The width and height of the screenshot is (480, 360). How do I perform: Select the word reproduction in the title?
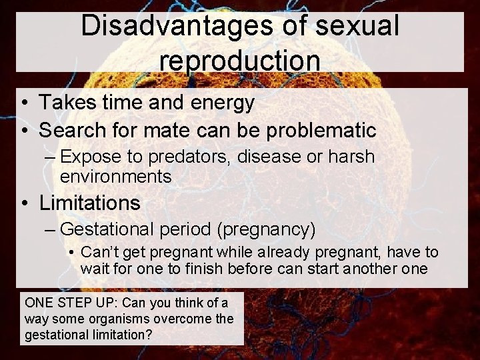(240, 59)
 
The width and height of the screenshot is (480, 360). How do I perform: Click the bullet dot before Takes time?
(24, 103)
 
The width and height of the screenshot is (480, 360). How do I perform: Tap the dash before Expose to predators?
(51, 157)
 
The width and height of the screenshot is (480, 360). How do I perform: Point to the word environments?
(115, 177)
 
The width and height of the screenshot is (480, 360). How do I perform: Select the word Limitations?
(90, 202)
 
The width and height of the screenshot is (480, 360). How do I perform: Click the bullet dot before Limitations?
(24, 203)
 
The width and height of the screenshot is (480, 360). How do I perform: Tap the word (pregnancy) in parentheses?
(265, 230)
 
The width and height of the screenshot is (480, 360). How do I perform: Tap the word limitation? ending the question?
(119, 335)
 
